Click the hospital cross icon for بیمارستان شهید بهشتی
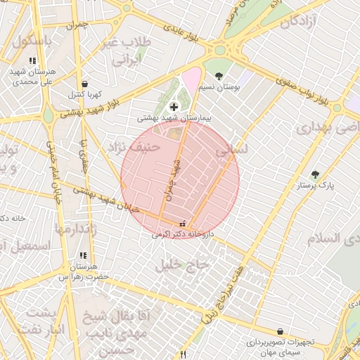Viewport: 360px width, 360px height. pyautogui.click(x=174, y=107)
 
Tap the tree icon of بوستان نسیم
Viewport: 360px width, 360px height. pyautogui.click(x=219, y=75)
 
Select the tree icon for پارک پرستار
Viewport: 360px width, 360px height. pyautogui.click(x=314, y=174)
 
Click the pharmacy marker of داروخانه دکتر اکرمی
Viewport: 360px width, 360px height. pyautogui.click(x=183, y=224)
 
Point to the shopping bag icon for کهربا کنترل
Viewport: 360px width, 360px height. pyautogui.click(x=84, y=84)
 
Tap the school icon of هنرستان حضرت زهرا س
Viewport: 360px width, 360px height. pyautogui.click(x=82, y=256)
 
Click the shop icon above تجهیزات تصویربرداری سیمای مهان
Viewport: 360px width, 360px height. pyautogui.click(x=281, y=331)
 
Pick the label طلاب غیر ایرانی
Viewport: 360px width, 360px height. pyautogui.click(x=127, y=51)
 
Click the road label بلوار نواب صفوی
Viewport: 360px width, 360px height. pyautogui.click(x=302, y=90)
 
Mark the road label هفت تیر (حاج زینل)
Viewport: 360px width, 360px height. pyautogui.click(x=224, y=295)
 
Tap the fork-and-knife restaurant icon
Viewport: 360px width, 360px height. pyautogui.click(x=183, y=355)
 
